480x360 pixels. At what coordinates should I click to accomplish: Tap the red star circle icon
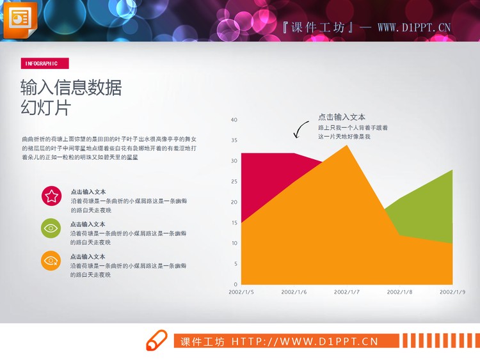[51, 195]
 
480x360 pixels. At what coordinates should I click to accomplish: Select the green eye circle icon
[51, 228]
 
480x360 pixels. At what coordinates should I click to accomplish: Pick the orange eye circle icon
[51, 260]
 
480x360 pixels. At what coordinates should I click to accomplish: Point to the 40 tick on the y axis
[234, 120]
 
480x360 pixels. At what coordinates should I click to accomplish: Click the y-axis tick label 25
[234, 182]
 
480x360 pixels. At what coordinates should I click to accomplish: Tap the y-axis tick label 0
[235, 285]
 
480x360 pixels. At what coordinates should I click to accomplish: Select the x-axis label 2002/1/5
[241, 292]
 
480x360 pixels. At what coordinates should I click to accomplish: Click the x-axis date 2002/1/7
[347, 292]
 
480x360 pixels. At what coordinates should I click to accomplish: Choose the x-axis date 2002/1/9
[452, 292]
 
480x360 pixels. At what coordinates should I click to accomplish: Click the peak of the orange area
[347, 146]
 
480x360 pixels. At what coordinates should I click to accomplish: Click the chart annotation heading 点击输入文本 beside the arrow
[342, 117]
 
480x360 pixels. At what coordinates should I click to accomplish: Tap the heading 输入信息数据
[71, 88]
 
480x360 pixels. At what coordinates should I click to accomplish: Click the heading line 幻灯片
[45, 107]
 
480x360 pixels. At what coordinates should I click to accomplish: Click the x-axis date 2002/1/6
[294, 292]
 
